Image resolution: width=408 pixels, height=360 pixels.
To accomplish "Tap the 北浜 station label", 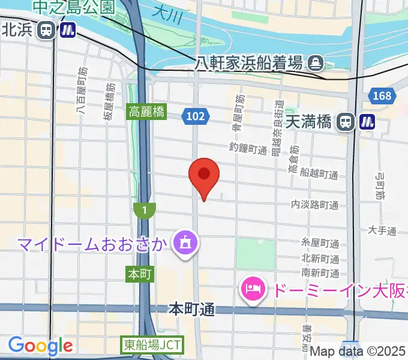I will coord(17,29).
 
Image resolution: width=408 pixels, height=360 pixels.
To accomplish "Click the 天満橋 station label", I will coord(308,122).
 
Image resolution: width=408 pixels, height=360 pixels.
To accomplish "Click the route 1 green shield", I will coord(145,210).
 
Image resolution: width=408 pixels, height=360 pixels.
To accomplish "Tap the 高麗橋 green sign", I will coord(146,112).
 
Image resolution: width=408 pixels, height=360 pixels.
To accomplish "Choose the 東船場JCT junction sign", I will coord(152,346).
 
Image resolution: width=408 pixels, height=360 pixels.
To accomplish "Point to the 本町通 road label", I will coord(191,310).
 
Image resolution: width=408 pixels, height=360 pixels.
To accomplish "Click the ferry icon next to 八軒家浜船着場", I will coord(315,62).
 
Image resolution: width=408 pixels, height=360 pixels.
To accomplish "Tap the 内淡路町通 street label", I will coord(314,205).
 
